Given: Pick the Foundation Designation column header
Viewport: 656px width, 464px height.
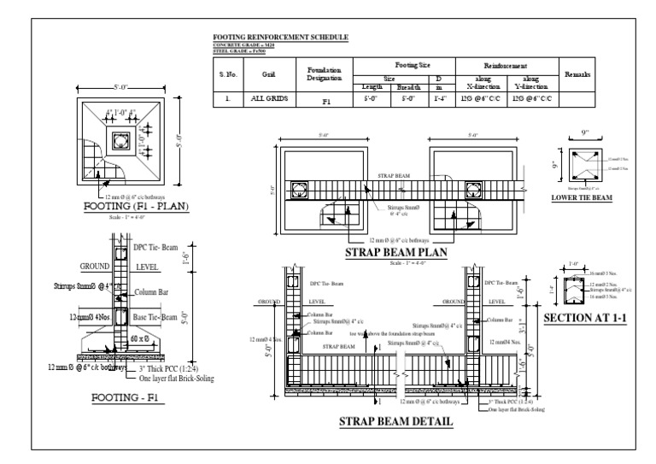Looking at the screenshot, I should click(324, 74).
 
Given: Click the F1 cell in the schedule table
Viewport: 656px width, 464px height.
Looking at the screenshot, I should click(325, 101).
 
